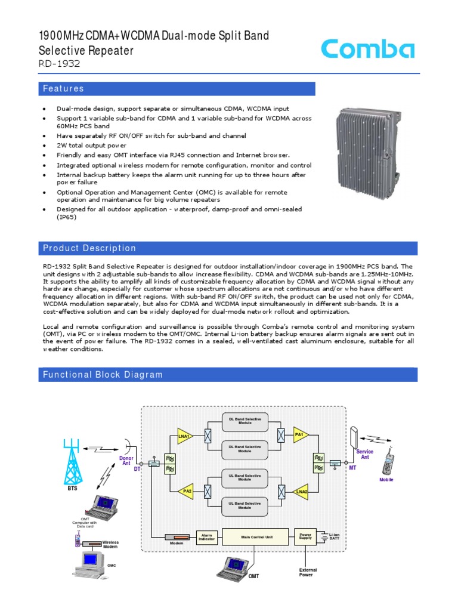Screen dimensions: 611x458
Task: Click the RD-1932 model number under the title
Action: (x=58, y=64)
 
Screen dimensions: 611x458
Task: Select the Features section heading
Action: (x=63, y=89)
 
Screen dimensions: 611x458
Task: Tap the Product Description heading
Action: (x=89, y=248)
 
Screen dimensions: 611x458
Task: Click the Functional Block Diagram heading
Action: (x=102, y=375)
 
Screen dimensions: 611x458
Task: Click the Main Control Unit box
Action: (x=256, y=537)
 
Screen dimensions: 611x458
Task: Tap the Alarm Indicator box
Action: (x=208, y=537)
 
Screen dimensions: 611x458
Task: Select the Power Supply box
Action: (x=305, y=536)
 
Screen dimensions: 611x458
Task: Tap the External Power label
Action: (x=308, y=572)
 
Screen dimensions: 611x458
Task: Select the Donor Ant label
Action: (x=126, y=461)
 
